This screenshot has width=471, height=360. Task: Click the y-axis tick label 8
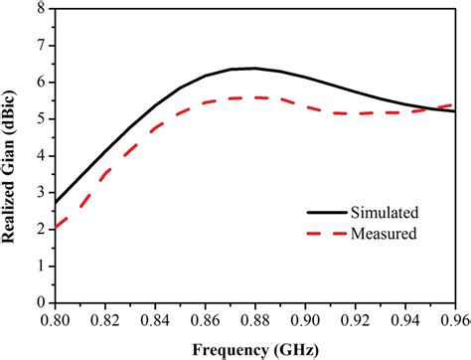(40, 10)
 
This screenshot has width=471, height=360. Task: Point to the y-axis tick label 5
(40, 119)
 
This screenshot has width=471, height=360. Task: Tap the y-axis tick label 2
(40, 229)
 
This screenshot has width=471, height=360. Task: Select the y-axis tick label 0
(40, 302)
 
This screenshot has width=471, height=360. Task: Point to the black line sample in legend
(319, 213)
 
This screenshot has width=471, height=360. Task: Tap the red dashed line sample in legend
(319, 235)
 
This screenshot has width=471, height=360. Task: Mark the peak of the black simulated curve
(254, 68)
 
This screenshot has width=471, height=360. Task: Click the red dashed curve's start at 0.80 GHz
(56, 227)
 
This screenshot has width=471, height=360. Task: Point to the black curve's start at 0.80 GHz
(56, 202)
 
